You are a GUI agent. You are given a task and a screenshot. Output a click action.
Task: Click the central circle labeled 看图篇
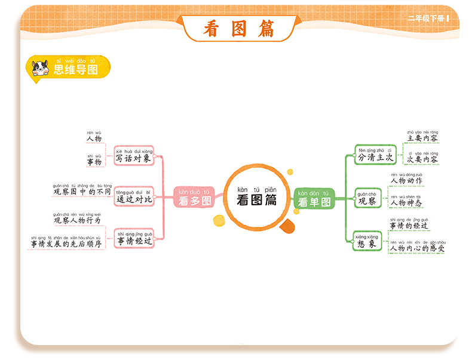256,196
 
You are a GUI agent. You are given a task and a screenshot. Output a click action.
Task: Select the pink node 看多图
194,198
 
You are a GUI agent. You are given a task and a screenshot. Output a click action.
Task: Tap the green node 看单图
314,198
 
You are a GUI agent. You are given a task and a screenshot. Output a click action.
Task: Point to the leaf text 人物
94,139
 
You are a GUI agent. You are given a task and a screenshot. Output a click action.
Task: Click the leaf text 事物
94,161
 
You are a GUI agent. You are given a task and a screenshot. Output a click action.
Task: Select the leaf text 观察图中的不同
82,192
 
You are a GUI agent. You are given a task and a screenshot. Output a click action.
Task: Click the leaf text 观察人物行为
78,220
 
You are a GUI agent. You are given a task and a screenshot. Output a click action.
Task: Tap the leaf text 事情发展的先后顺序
66,244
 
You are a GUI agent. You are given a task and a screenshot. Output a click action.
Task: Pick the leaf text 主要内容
422,138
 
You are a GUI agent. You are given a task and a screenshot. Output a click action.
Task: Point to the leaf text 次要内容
422,159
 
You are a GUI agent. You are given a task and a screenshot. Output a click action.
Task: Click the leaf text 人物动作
406,180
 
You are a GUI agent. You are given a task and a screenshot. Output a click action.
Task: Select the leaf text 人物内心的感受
417,248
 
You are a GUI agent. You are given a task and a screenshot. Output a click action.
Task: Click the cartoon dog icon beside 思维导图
40,67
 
